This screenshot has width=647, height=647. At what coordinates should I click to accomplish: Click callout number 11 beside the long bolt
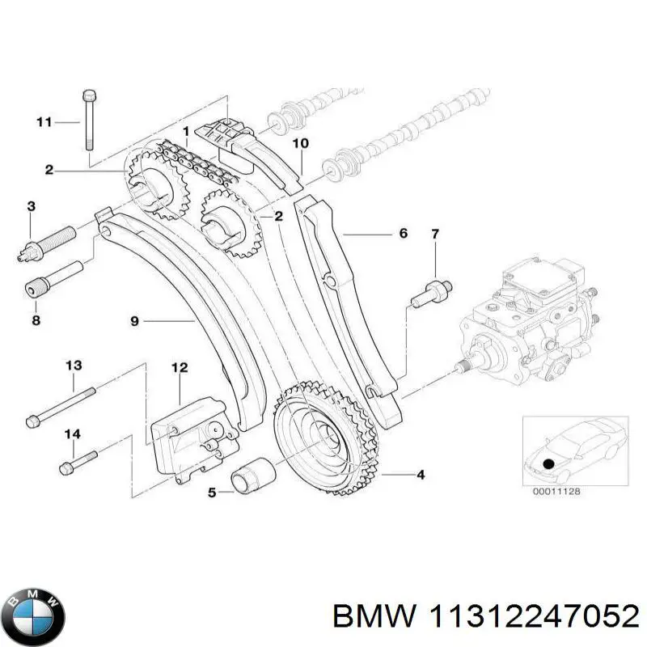44,122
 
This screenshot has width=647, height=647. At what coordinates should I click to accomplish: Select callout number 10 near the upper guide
300,144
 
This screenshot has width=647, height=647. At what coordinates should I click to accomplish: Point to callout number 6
403,234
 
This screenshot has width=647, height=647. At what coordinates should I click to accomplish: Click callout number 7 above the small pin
434,235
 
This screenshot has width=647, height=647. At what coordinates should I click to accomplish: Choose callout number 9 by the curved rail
135,321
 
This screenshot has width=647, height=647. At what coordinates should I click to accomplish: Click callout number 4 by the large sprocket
420,475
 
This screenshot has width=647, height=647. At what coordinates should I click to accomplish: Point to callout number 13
74,366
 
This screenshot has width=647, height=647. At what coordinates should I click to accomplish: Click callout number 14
73,434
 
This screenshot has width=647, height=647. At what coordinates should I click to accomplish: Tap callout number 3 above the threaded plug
31,207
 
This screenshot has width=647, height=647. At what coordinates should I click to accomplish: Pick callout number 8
36,320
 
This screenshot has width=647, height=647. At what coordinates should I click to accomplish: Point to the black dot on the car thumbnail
550,463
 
